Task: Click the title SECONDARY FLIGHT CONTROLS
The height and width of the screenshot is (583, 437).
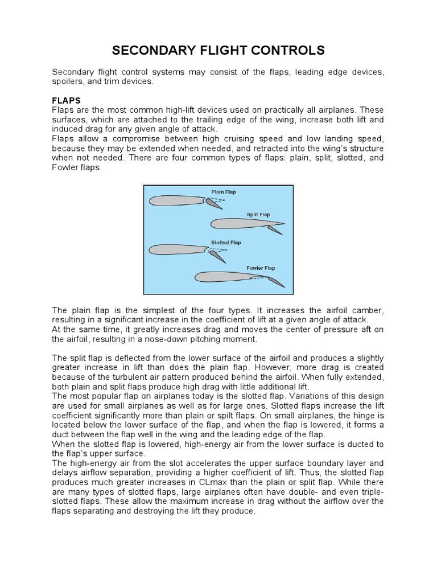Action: click(218, 51)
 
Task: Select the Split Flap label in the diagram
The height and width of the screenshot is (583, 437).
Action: click(258, 215)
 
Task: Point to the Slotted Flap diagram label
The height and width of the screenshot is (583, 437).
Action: click(226, 242)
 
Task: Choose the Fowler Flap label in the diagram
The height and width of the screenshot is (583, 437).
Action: click(261, 268)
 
